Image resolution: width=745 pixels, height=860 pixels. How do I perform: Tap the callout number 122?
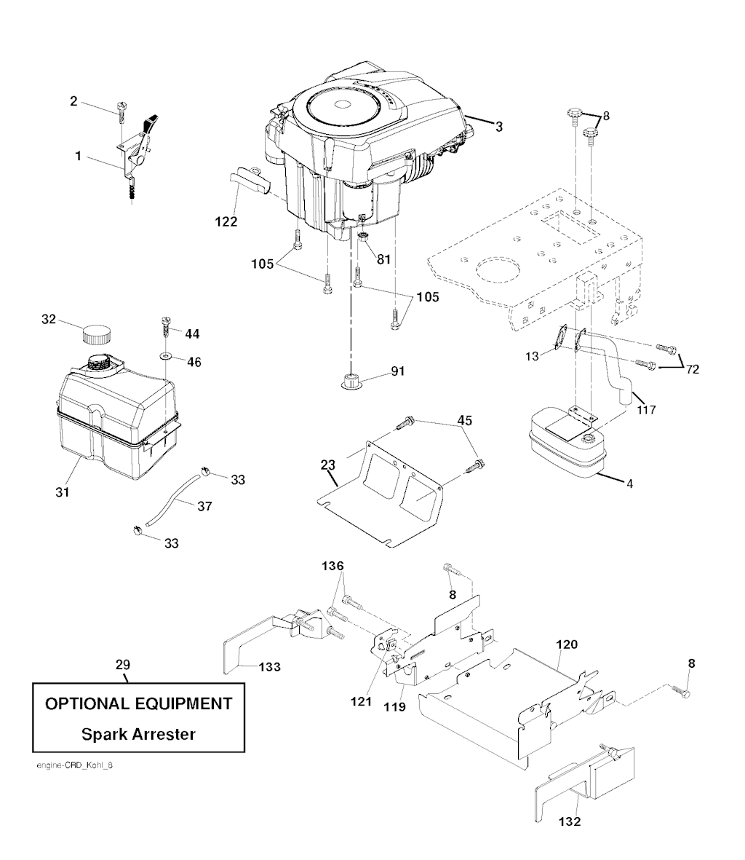tap(226, 221)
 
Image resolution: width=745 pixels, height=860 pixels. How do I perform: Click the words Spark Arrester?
tap(138, 734)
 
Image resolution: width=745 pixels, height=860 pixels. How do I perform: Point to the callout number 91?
tap(398, 371)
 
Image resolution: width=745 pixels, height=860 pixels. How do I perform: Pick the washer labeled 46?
tap(165, 357)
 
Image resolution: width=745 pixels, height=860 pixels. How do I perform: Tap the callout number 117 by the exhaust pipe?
tap(646, 410)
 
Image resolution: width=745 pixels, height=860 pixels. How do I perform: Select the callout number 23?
tap(327, 465)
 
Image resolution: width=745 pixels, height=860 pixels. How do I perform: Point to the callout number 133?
tap(269, 667)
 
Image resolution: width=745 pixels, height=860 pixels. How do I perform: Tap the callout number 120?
tap(567, 644)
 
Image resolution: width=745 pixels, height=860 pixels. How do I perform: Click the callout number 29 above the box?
tap(123, 665)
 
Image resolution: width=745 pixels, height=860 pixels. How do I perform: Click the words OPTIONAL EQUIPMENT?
tap(138, 703)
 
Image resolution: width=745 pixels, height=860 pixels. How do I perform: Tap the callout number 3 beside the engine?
tap(498, 127)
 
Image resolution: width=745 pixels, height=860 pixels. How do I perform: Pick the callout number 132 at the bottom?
tap(569, 821)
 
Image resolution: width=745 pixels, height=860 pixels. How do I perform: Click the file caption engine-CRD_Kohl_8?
tap(74, 765)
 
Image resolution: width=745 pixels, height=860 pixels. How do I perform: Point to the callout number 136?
tap(332, 566)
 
